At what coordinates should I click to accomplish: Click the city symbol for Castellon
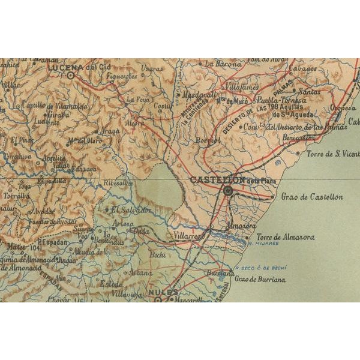coord(228,191)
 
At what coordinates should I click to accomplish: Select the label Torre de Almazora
coord(286,237)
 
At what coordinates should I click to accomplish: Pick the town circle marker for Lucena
coord(71,76)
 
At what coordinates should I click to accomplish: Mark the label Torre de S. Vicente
coord(328,152)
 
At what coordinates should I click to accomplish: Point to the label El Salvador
coord(129,210)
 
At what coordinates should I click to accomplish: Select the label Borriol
coord(208,140)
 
